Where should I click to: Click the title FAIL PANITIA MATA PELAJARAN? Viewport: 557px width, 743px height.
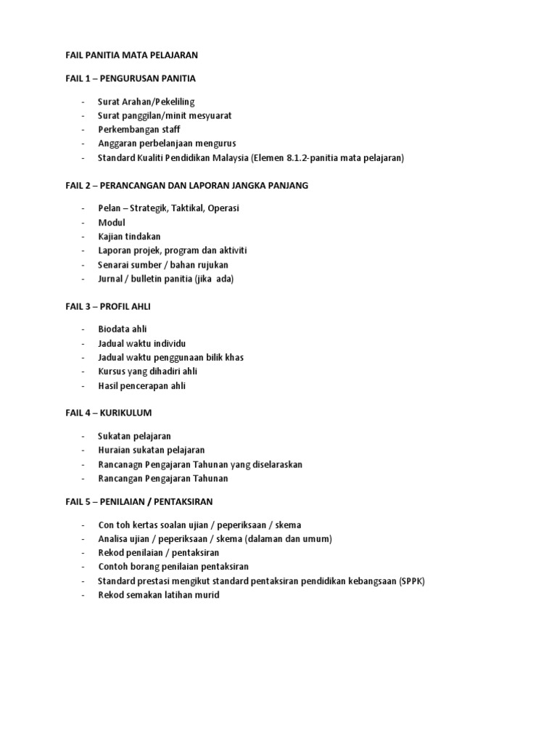click(131, 54)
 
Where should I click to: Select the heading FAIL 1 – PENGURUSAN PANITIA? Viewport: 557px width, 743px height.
click(131, 78)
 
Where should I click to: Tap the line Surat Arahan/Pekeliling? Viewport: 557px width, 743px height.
click(147, 102)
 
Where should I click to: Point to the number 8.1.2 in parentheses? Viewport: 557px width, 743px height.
click(296, 157)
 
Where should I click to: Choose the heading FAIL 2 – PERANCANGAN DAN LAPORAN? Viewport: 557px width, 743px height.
click(186, 185)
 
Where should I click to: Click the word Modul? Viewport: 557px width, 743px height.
click(112, 222)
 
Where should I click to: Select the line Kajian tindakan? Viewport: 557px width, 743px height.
click(129, 237)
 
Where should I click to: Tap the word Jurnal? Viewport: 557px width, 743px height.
click(112, 279)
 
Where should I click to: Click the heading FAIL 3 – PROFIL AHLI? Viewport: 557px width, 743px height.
click(107, 306)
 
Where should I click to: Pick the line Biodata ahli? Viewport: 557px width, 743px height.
click(123, 329)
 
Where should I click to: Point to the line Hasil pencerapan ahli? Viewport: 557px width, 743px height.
click(142, 385)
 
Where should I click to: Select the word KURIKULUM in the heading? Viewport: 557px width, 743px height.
click(126, 413)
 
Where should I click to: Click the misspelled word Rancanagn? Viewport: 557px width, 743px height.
click(122, 464)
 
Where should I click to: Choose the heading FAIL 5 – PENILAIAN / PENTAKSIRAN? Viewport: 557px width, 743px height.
click(139, 501)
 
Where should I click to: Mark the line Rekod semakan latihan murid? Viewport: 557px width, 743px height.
click(158, 595)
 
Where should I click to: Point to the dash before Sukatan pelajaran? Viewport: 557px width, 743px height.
click(83, 436)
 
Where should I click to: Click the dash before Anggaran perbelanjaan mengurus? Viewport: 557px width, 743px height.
click(83, 144)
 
